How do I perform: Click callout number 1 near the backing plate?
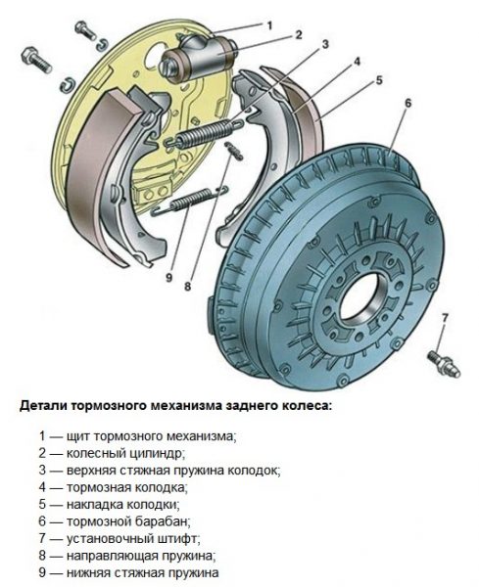point(269,25)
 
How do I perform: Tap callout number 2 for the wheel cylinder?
point(299,35)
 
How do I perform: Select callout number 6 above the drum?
point(407,103)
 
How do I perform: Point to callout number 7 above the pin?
point(445,318)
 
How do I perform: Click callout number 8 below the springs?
point(187,287)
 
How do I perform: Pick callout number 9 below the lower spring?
point(168,278)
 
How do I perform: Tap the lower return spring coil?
point(190,200)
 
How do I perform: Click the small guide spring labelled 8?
point(234,150)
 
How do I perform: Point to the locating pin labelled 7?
point(444,363)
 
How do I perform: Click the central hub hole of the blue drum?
point(361,298)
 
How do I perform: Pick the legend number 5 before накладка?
point(42,504)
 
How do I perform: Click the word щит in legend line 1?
point(77,437)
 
